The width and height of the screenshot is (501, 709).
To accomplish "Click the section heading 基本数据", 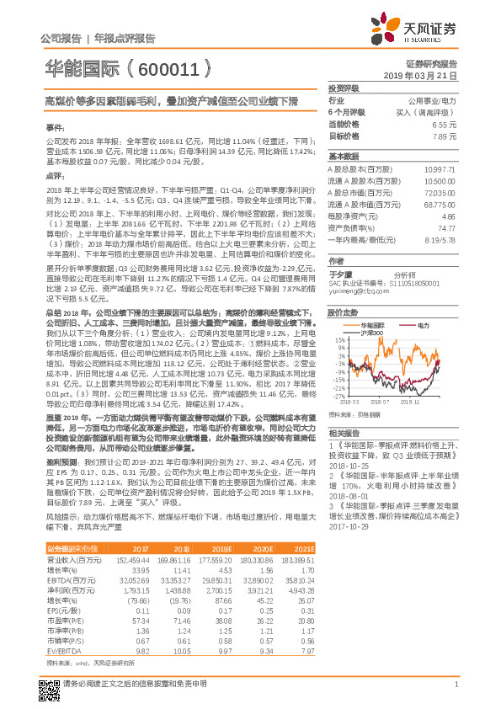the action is [x=343, y=157].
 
